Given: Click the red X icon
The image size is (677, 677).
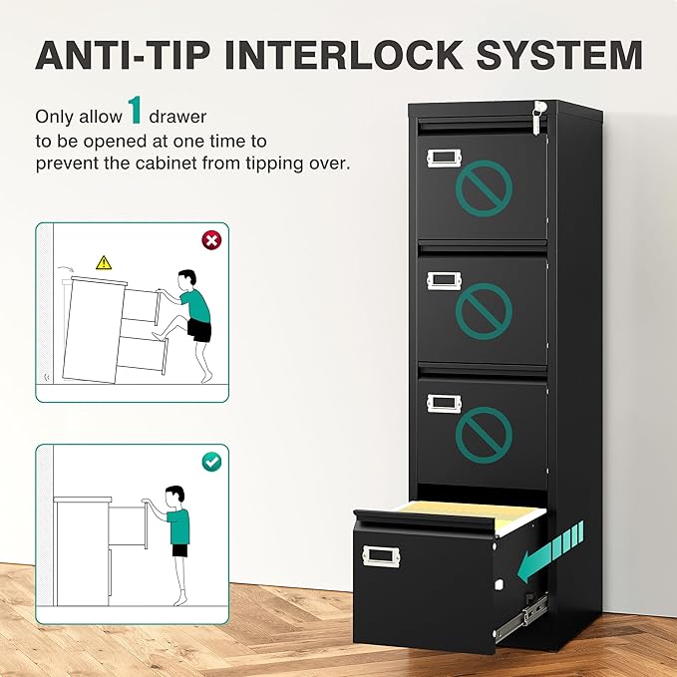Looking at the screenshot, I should pos(210,240).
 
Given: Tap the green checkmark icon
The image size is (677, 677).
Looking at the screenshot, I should pos(210,462).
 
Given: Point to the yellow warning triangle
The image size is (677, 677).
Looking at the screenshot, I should pos(103,262).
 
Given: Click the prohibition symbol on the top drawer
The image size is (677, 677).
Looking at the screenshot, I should pos(484,186).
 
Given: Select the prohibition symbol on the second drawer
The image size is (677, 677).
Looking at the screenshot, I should pos(484,311).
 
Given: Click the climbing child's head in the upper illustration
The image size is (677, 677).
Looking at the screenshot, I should pos(186,278).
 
